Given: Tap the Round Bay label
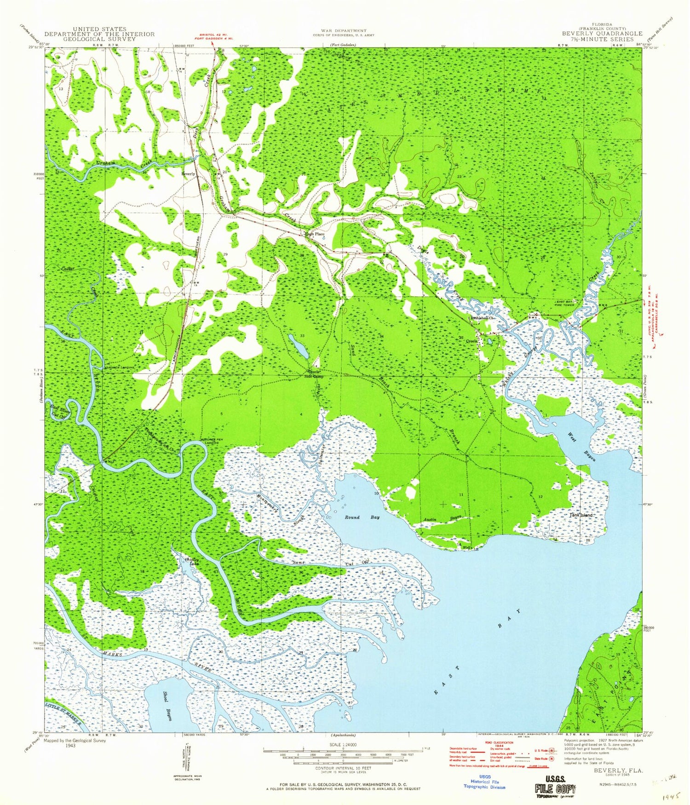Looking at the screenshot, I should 362,517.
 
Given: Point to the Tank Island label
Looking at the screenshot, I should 581,515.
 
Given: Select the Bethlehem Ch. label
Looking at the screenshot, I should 482,318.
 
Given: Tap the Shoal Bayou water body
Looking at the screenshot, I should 163,706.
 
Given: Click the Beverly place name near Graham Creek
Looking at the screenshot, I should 189,174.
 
